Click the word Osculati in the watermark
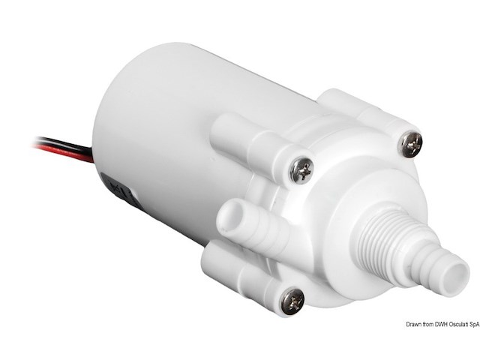tap(446, 324)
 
